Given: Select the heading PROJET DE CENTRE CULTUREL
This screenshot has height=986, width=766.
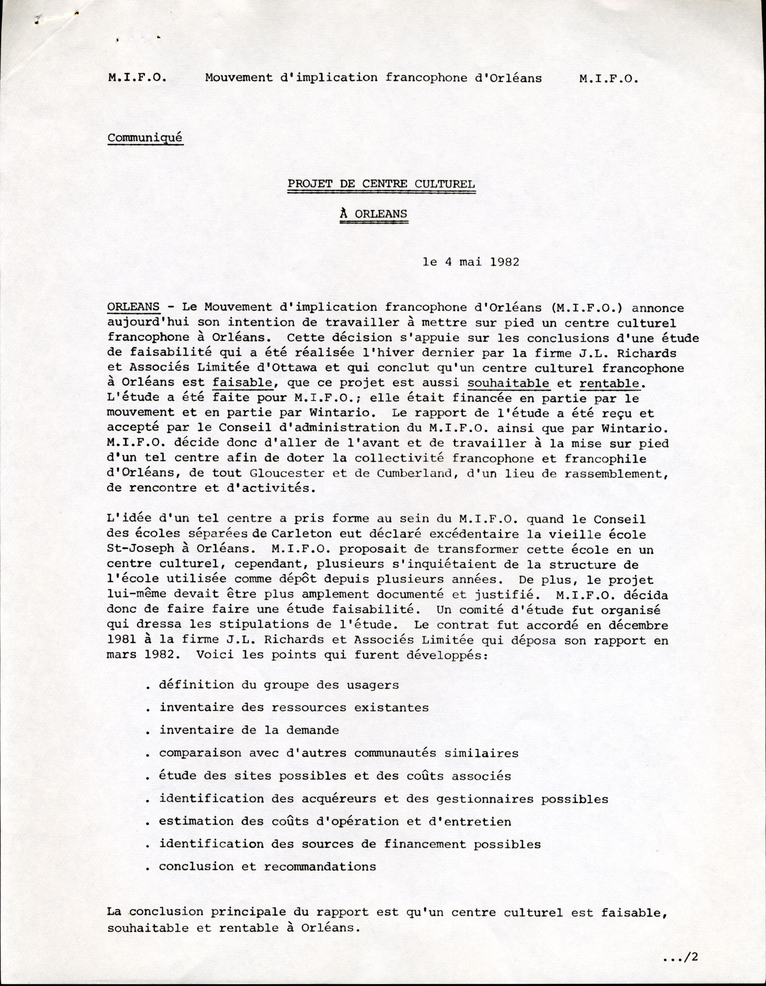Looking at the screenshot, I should click(381, 184).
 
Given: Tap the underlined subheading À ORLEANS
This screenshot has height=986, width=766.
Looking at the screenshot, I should click(374, 214).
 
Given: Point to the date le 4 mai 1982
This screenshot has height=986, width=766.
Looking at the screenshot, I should click(471, 262).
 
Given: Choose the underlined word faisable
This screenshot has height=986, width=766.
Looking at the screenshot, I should click(242, 383).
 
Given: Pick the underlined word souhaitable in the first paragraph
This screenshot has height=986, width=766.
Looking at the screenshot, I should click(508, 383).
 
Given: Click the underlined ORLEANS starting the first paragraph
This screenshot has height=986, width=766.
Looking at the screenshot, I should click(133, 307).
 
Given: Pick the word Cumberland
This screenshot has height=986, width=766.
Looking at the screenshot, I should click(410, 473).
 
